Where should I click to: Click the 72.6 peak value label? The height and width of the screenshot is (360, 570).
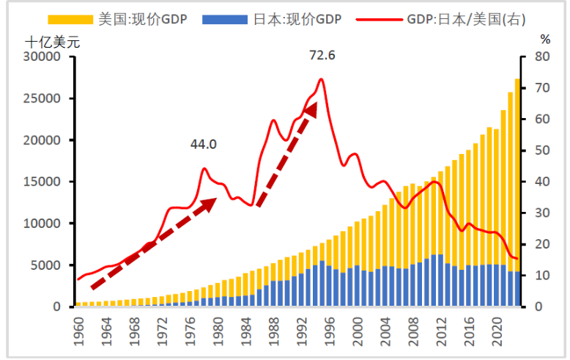pyautogui.click(x=322, y=55)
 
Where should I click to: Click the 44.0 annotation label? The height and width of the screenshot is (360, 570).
pyautogui.click(x=203, y=144)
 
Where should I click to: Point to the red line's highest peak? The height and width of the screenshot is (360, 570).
pyautogui.click(x=321, y=79)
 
